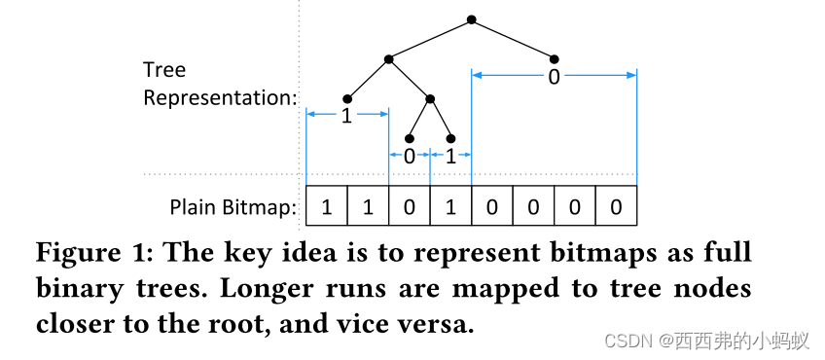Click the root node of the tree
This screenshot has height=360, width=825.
pyautogui.click(x=472, y=18)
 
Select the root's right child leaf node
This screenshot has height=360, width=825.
pyautogui.click(x=555, y=58)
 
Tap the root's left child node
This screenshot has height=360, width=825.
pyautogui.click(x=388, y=59)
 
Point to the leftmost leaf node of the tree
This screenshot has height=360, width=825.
pyautogui.click(x=347, y=98)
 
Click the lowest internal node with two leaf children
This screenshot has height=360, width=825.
pyautogui.click(x=430, y=98)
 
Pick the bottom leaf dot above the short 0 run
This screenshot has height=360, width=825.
pyautogui.click(x=410, y=138)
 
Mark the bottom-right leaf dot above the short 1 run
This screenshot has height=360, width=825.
pyautogui.click(x=451, y=138)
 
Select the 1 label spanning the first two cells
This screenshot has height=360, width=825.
pyautogui.click(x=345, y=116)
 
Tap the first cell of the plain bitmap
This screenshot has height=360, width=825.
pyautogui.click(x=327, y=206)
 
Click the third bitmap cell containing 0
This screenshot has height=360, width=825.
pyautogui.click(x=410, y=206)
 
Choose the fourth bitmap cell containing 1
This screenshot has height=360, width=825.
pyautogui.click(x=450, y=206)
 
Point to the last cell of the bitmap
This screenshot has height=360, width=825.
pyautogui.click(x=616, y=206)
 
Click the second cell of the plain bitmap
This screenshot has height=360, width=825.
pyautogui.click(x=368, y=206)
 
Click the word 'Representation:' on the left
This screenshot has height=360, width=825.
pyautogui.click(x=220, y=98)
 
